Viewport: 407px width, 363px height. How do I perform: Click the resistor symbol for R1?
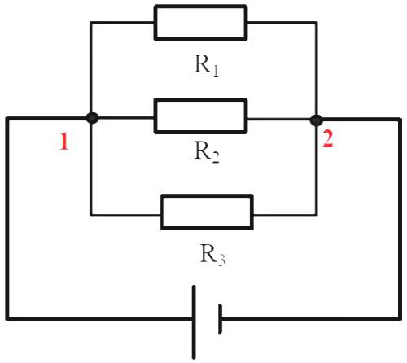point(200,22)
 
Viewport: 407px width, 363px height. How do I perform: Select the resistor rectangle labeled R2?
point(200,117)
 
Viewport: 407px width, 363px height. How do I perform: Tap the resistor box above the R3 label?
point(207,212)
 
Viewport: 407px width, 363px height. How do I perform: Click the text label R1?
point(206,66)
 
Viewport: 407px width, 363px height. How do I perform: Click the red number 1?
point(63,142)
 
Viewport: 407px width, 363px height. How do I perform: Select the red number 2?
point(327,139)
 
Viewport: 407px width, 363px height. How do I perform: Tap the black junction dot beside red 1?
point(92,118)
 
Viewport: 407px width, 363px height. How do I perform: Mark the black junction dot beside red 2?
point(316,120)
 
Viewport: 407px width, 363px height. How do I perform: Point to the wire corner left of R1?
point(91,22)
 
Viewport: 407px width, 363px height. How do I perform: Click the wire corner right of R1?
point(316,22)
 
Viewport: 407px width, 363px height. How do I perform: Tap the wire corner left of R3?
point(91,215)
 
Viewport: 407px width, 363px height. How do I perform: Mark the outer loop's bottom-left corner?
point(8,317)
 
